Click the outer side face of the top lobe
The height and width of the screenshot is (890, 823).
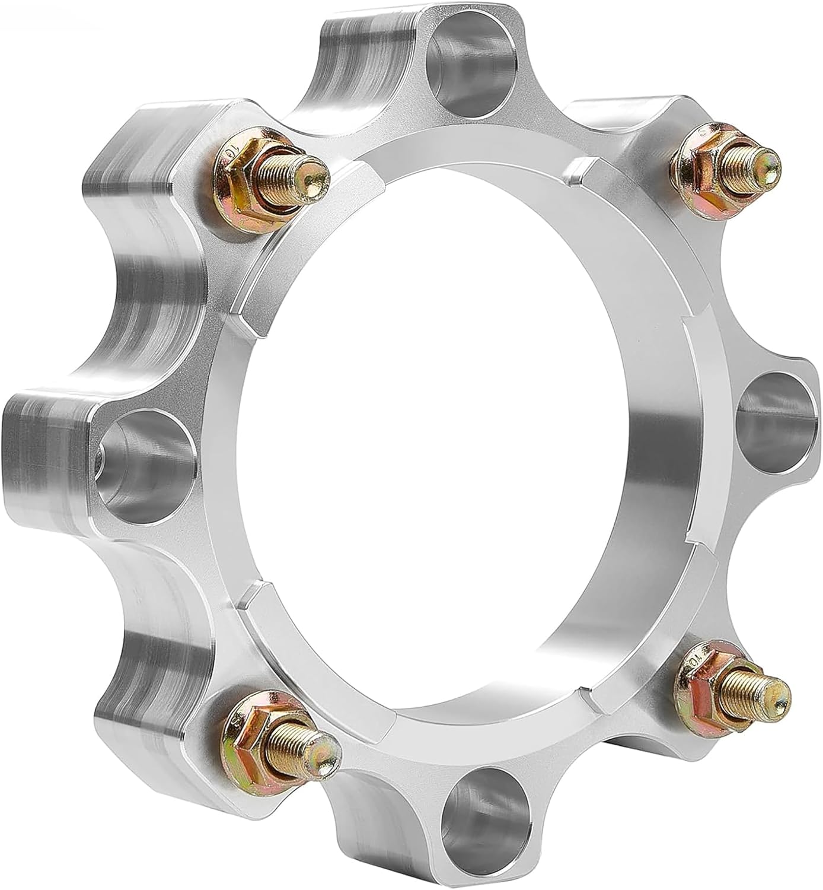tap(362, 53)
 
